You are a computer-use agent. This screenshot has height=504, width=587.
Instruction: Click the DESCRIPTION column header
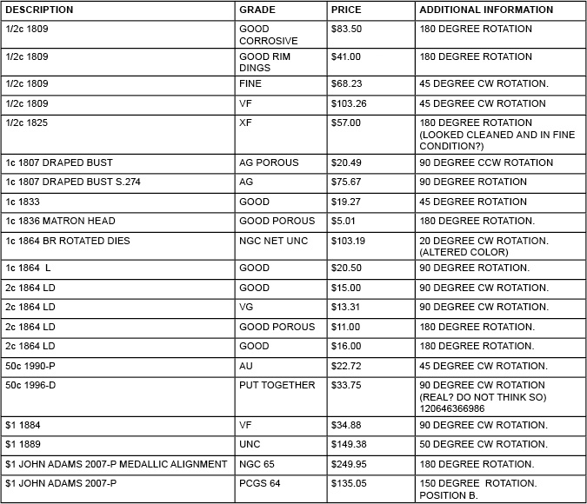coord(39,10)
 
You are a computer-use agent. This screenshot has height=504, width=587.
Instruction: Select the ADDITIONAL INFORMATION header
coord(486,10)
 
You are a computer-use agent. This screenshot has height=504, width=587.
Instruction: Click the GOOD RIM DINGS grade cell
coord(264,63)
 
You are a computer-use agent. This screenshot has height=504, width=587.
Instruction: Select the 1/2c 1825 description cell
coord(27,123)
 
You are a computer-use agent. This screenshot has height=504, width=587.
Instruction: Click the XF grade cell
coord(245,123)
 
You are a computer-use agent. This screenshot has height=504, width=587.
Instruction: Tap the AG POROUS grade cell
coord(269,162)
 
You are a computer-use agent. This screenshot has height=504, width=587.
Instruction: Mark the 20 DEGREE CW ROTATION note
coord(484,240)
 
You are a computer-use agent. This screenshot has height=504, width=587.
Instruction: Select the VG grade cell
coord(246,307)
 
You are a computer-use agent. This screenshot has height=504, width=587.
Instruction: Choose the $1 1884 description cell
coord(23,425)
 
